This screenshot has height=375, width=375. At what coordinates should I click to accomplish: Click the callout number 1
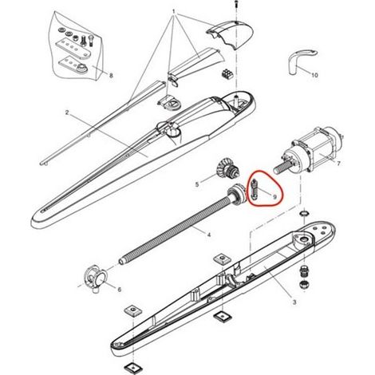click(x=174, y=12)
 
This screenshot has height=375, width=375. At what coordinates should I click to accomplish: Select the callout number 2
click(x=67, y=112)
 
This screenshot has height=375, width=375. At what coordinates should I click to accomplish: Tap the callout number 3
click(x=294, y=302)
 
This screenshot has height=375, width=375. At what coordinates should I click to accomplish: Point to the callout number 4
click(x=209, y=235)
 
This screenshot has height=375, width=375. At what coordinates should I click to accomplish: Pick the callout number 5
click(x=197, y=184)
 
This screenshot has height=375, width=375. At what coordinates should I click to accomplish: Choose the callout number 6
click(x=120, y=290)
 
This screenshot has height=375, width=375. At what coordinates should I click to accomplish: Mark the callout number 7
click(x=338, y=164)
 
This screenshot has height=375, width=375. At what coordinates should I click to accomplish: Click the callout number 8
click(x=111, y=76)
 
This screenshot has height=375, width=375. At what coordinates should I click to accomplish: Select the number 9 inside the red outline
click(x=274, y=196)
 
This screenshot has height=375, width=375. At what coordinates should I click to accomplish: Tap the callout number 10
click(x=314, y=75)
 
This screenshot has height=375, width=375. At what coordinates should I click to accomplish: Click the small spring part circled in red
click(x=255, y=189)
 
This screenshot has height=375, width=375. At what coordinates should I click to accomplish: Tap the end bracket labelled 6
click(x=96, y=278)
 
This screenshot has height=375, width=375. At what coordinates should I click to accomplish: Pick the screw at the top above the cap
click(x=235, y=5)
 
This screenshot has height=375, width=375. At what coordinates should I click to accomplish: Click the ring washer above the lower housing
click(x=304, y=213)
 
